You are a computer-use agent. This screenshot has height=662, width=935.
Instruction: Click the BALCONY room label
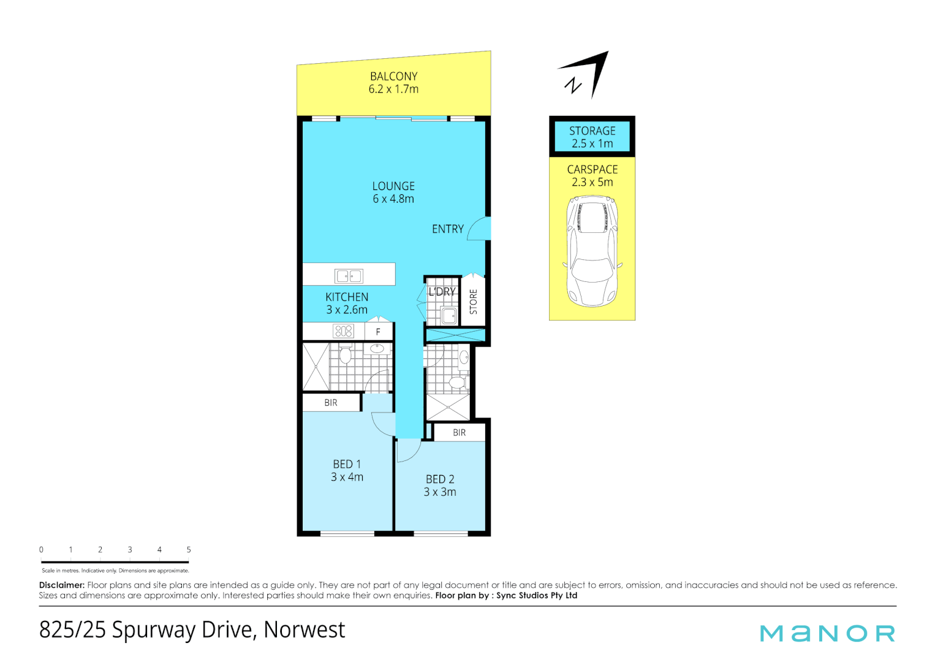(x=393, y=77)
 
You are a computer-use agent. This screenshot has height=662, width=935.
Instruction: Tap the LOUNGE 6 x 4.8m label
(x=393, y=192)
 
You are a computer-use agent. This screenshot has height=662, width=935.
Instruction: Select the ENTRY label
(x=447, y=229)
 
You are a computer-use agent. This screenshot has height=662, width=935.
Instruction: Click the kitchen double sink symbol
(x=349, y=276)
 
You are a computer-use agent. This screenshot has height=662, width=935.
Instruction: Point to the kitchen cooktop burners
(x=343, y=332)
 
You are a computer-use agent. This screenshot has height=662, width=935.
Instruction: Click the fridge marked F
(x=378, y=332)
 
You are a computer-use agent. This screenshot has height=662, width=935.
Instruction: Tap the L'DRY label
(x=442, y=292)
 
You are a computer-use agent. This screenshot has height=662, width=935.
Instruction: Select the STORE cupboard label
(x=473, y=302)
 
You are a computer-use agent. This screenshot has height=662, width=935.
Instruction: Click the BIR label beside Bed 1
(x=331, y=403)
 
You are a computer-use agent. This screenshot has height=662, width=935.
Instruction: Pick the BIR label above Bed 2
(x=460, y=433)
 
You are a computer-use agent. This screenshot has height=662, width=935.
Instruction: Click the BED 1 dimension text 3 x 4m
(x=347, y=477)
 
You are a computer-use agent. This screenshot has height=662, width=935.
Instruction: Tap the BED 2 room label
(x=440, y=479)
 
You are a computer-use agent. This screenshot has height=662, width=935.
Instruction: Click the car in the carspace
(x=592, y=251)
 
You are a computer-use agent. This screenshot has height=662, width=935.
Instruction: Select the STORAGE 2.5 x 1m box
(x=592, y=137)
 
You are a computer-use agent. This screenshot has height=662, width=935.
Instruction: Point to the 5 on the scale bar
(x=189, y=550)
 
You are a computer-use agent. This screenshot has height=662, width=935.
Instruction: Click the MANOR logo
(x=827, y=634)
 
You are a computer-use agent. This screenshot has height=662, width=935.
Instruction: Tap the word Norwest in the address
(x=305, y=630)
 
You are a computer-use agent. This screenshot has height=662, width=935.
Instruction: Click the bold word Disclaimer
(x=61, y=585)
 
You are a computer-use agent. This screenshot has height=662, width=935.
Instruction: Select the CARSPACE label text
(x=592, y=170)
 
